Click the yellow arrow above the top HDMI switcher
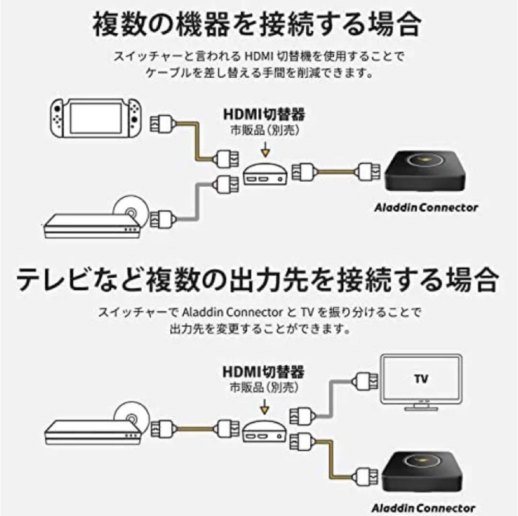pyautogui.click(x=264, y=151)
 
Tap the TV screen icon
pyautogui.click(x=420, y=382)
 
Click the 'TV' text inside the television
pyautogui.click(x=420, y=378)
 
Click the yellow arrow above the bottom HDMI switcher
pyautogui.click(x=264, y=408)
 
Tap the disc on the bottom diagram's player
pyautogui.click(x=129, y=414)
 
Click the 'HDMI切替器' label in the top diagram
pyautogui.click(x=264, y=115)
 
